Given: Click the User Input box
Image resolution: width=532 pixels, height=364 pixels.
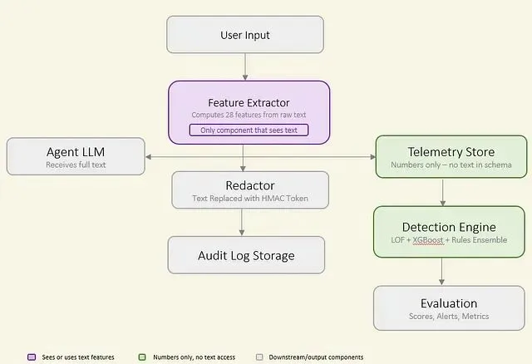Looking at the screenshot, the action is [x=245, y=35].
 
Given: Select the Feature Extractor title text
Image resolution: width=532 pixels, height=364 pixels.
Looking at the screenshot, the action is [x=249, y=102].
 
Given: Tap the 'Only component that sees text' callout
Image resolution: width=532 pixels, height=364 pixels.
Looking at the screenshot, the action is [x=249, y=130].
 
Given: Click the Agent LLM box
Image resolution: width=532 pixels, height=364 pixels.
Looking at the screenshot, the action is [x=76, y=156].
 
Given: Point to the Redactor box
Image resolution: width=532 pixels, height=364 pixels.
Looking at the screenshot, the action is [x=250, y=190].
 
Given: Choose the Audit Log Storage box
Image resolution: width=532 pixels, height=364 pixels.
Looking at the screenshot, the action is [x=246, y=255].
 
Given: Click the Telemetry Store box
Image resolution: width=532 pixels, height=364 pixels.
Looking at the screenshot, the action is [x=451, y=157].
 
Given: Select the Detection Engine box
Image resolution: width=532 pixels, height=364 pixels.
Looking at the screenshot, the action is [x=449, y=232].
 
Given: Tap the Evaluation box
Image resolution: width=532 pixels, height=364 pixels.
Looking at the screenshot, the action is [x=449, y=308].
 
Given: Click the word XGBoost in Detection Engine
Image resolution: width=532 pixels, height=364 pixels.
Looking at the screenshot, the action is [x=428, y=240].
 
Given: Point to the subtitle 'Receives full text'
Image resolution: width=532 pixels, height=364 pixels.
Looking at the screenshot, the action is [x=76, y=165].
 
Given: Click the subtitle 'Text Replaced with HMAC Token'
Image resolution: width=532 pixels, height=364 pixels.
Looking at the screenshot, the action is [x=250, y=198].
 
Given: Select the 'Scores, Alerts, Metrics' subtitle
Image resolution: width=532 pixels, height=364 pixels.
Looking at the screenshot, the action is [x=449, y=316].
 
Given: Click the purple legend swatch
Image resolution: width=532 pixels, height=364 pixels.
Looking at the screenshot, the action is [x=32, y=357].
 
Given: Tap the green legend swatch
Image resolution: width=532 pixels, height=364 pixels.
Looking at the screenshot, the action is [x=142, y=357].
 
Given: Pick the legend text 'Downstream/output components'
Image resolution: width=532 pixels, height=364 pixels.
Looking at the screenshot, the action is [x=316, y=357].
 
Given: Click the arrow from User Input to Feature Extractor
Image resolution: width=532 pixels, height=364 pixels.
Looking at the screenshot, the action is [x=245, y=66].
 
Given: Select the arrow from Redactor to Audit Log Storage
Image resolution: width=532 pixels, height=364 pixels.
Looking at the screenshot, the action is [x=242, y=222].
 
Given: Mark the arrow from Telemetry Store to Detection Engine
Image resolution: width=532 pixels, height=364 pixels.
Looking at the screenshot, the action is [x=442, y=192].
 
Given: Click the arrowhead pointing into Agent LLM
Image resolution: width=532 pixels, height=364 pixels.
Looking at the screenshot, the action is [x=148, y=157].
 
